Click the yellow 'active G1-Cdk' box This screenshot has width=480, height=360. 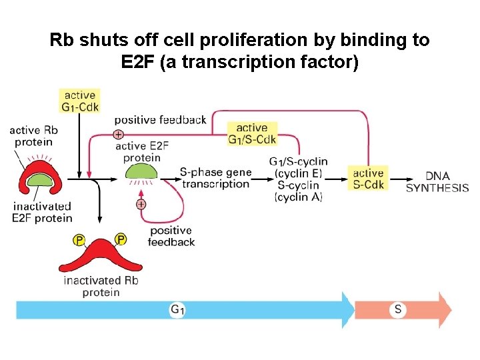pyautogui.click(x=79, y=100)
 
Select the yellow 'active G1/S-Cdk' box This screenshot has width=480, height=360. pyautogui.click(x=252, y=133)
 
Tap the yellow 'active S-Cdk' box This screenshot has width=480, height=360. pyautogui.click(x=368, y=179)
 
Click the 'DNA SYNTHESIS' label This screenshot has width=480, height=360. pyautogui.click(x=437, y=181)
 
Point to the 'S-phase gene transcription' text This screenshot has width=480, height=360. pyautogui.click(x=215, y=178)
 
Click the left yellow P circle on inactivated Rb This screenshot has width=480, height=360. pyautogui.click(x=79, y=239)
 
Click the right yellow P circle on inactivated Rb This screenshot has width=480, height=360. pyautogui.click(x=121, y=239)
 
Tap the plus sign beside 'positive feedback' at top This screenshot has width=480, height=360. pyautogui.click(x=118, y=134)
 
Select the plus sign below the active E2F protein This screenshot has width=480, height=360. pyautogui.click(x=141, y=204)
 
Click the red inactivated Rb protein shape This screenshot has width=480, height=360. pyautogui.click(x=100, y=256)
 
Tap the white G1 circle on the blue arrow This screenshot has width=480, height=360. pyautogui.click(x=177, y=309)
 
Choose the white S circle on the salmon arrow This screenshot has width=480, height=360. pyautogui.click(x=398, y=309)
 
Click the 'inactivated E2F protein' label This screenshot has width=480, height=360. pyautogui.click(x=41, y=212)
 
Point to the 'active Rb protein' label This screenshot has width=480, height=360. pyautogui.click(x=33, y=136)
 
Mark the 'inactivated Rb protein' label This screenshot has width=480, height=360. pyautogui.click(x=101, y=286)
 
